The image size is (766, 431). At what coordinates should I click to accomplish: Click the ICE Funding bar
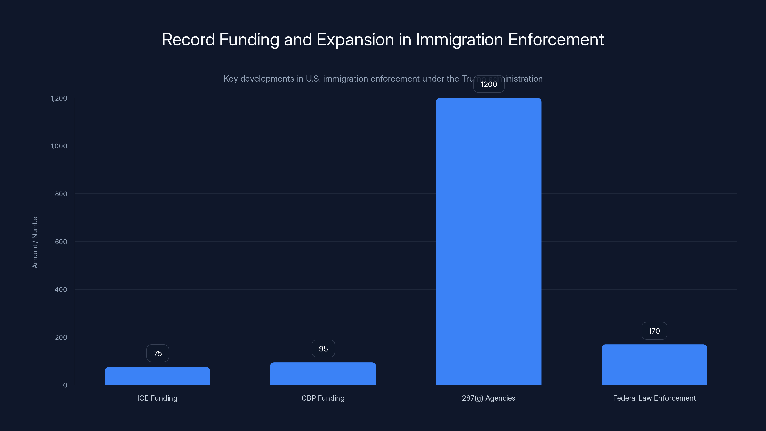pos(157,376)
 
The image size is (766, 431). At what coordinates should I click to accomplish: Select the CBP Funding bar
pos(323,374)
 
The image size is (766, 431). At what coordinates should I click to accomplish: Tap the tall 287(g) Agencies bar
pos(489,242)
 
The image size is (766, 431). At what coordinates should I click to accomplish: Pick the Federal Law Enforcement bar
pos(654,365)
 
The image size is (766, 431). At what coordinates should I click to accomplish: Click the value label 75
pos(158,353)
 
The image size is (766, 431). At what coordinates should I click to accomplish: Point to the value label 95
pos(323,349)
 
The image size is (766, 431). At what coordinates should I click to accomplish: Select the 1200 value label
pos(489,85)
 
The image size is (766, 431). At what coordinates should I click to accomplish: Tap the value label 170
pos(654,331)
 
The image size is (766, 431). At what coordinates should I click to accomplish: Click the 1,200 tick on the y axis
pos(59,98)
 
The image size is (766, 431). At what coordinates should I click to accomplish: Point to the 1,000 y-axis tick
pos(59,146)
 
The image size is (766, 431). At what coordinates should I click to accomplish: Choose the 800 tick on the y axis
pos(61,194)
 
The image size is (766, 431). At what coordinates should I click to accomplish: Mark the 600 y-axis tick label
pos(61,242)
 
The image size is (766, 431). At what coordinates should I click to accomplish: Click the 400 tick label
pos(61,290)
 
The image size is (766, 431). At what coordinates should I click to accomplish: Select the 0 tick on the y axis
pos(65,385)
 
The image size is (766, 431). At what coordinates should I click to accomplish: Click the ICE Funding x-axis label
pos(157,398)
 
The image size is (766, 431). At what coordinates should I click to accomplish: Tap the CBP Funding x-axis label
pos(323,398)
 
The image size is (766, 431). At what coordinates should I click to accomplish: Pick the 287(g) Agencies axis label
pos(489,398)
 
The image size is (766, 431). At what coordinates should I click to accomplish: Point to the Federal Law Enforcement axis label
pos(654,398)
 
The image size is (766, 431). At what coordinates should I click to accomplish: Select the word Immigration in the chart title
pos(459,40)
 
